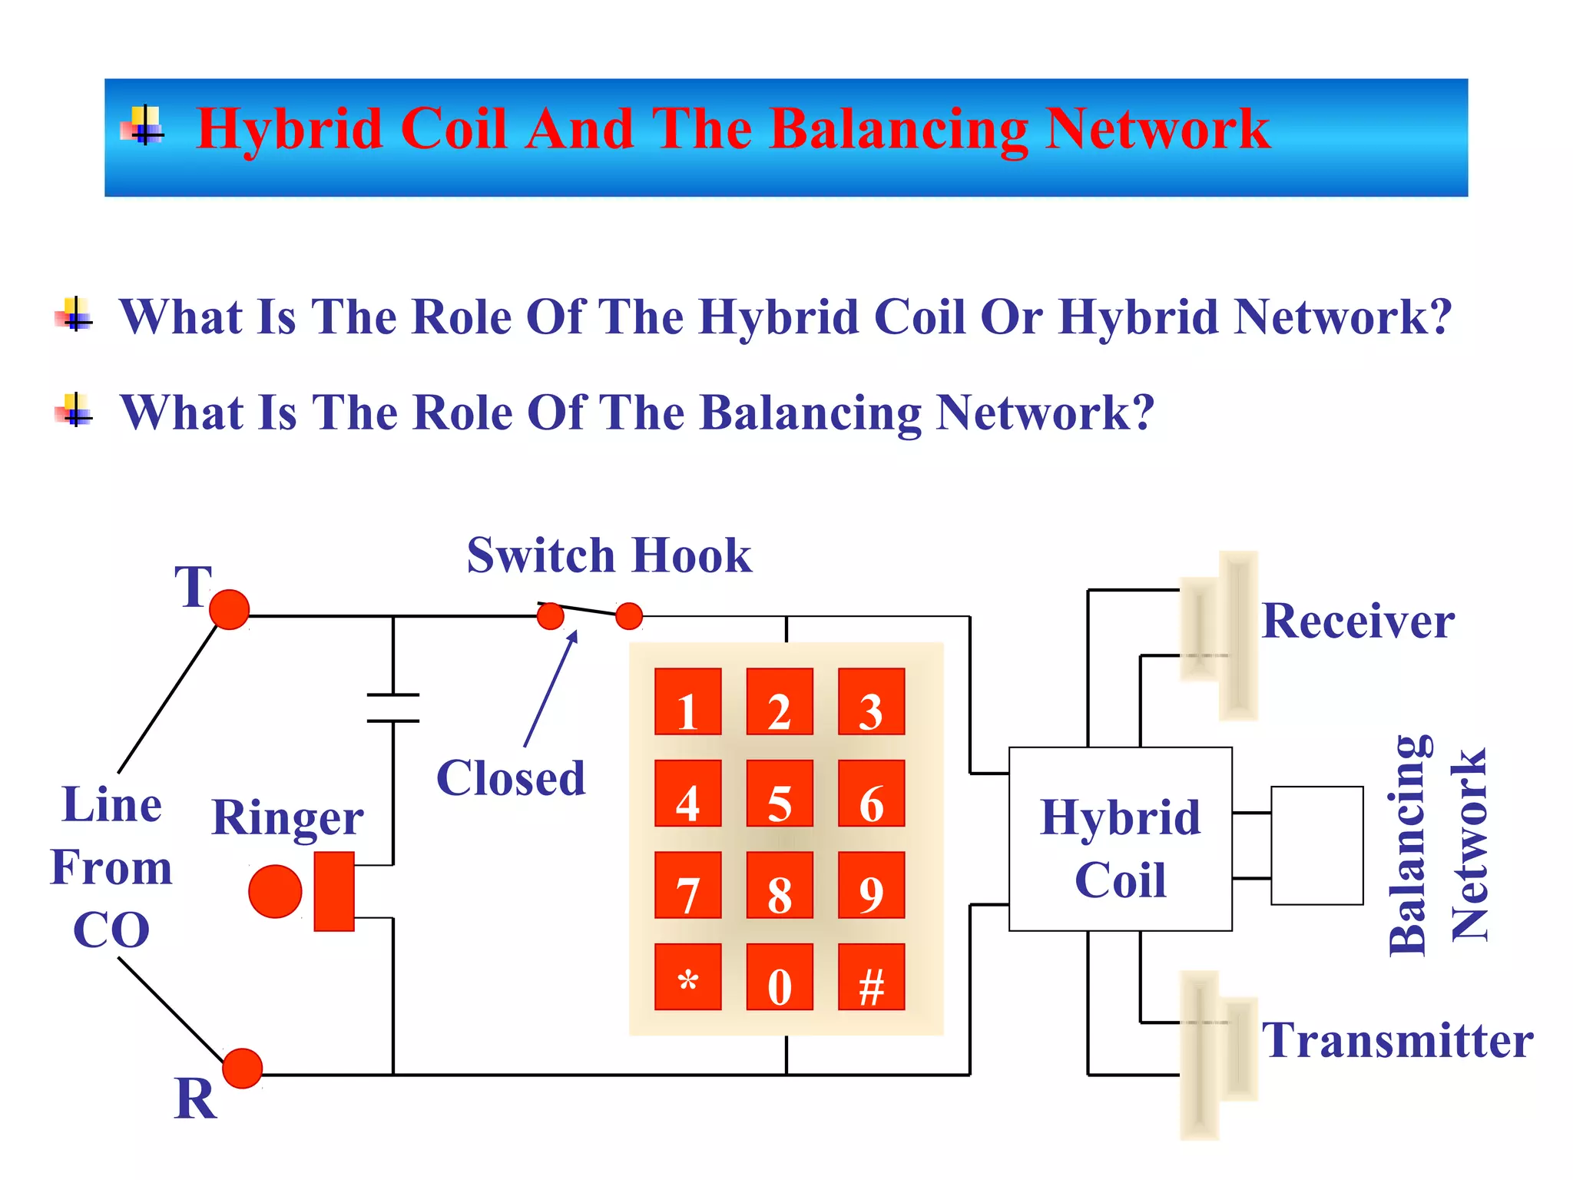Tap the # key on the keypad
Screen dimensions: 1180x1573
(871, 976)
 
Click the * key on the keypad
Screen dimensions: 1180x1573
(687, 976)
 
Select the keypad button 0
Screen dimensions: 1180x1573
(780, 976)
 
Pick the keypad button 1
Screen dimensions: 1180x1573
(687, 701)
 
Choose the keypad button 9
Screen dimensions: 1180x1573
(871, 885)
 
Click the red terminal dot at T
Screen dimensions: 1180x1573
(229, 609)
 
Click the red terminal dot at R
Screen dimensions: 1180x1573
(242, 1069)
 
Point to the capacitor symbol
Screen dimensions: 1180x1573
(393, 708)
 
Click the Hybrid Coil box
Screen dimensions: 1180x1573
(1120, 839)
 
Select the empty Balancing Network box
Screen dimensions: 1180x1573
(1316, 845)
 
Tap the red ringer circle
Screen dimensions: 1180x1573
(275, 891)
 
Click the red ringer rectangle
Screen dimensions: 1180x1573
(334, 891)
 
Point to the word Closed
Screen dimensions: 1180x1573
(511, 778)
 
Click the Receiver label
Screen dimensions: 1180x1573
(1358, 621)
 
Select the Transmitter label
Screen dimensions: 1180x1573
(1397, 1040)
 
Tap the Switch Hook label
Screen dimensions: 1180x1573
(609, 555)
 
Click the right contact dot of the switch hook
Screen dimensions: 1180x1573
(629, 615)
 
